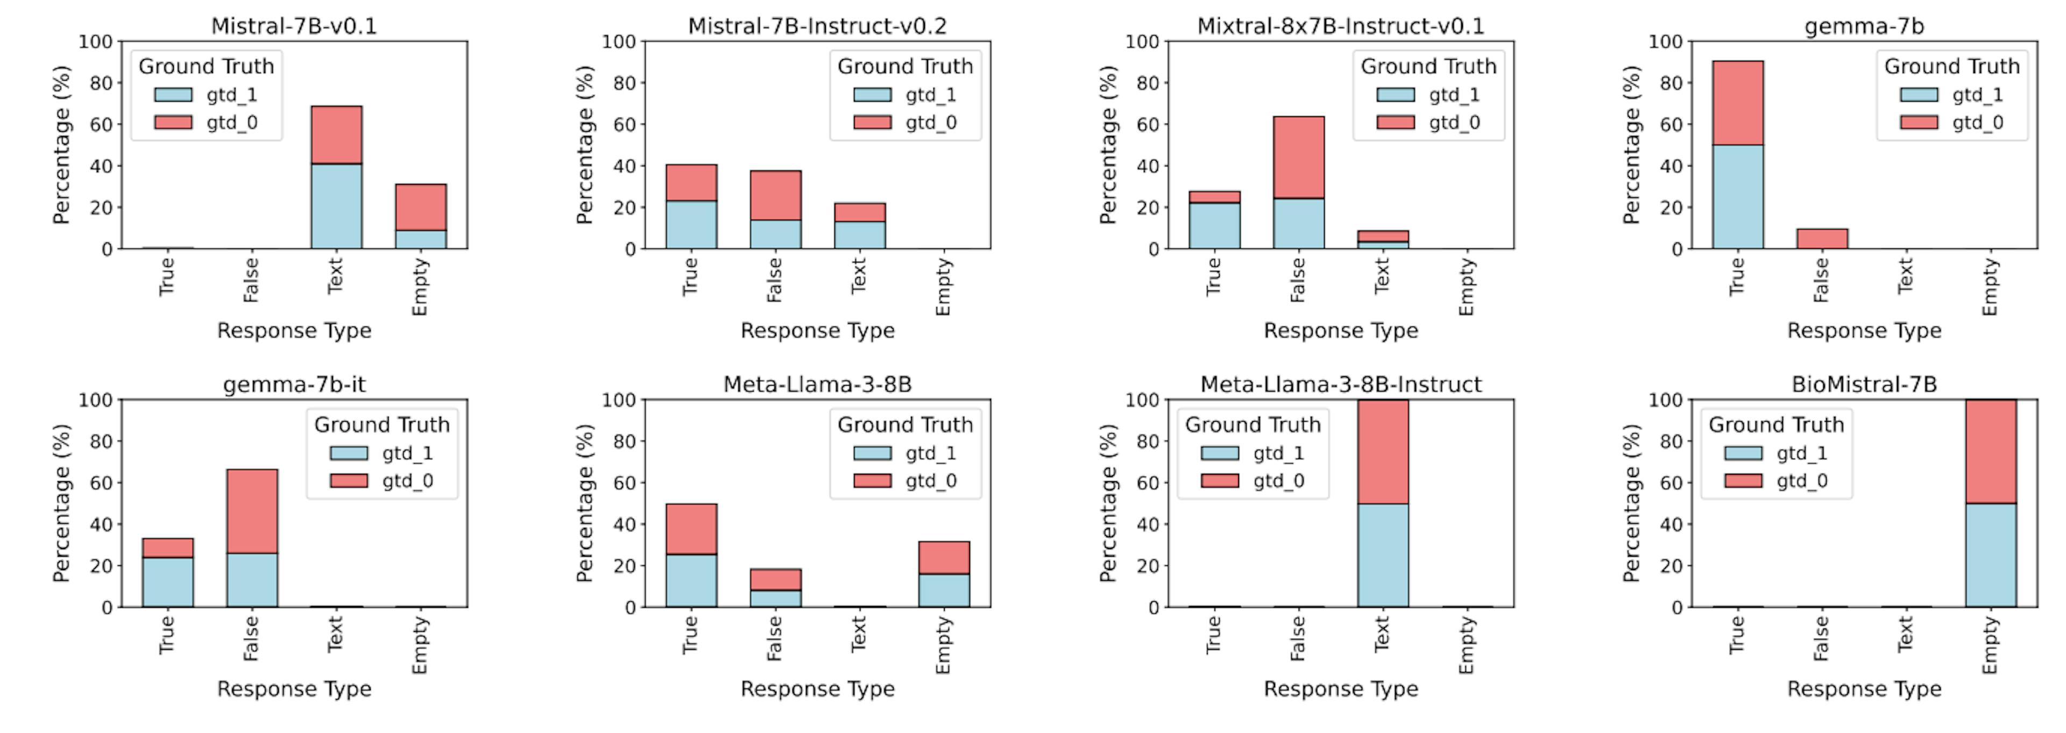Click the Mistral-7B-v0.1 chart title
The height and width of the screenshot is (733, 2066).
[x=294, y=26]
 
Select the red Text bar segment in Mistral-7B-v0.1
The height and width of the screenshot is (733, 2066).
[x=336, y=135]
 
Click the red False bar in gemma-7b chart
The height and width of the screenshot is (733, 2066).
[x=1821, y=238]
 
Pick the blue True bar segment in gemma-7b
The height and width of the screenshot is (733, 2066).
[x=1737, y=196]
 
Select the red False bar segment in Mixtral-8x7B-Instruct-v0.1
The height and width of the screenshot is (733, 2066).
[x=1298, y=157]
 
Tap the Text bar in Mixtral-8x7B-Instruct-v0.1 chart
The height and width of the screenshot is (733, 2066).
[x=1383, y=239]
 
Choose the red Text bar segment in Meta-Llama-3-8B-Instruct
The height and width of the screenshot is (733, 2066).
[x=1383, y=452]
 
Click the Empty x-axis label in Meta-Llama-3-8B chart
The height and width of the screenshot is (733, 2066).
[x=943, y=645]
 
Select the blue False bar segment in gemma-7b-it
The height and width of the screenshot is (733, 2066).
[x=252, y=580]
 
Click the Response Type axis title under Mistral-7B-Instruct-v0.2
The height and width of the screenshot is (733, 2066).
[x=817, y=330]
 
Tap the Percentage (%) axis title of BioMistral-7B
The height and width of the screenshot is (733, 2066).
[x=1631, y=503]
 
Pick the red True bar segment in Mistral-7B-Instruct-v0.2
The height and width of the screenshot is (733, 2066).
[x=690, y=182]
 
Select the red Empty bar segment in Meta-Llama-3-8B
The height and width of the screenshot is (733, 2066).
[x=943, y=557]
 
